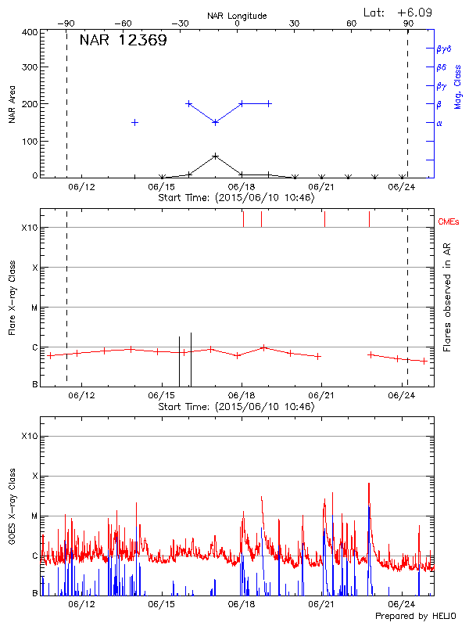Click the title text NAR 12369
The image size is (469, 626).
pos(123,41)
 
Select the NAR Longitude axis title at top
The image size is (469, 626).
pos(237,16)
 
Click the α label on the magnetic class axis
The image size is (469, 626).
pos(439,123)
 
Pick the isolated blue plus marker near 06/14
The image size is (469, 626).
pos(134,122)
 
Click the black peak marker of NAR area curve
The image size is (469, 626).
pos(216,156)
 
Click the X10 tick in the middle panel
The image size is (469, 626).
pos(29,228)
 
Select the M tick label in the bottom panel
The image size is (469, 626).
pos(34,516)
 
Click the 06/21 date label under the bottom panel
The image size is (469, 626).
pos(321,604)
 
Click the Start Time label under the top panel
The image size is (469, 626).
pos(236,198)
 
